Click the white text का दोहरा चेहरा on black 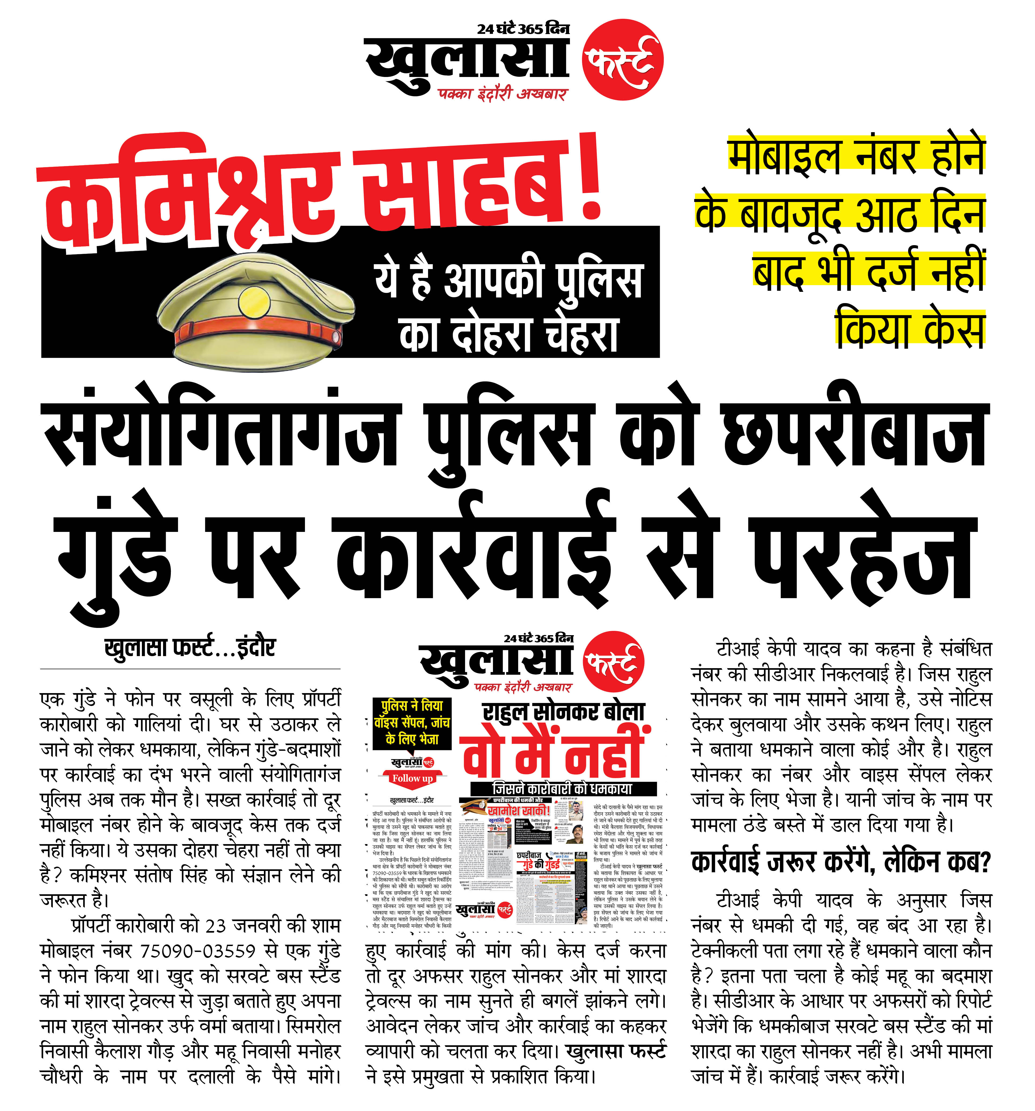click(509, 335)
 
